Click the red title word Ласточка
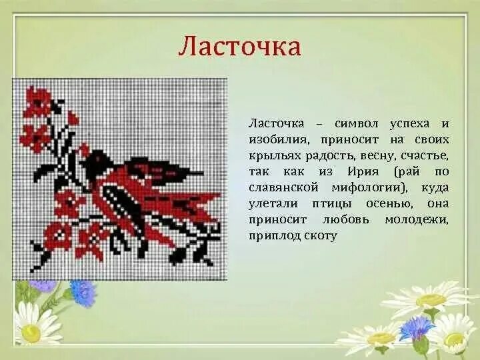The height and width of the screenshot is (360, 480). pos(239,47)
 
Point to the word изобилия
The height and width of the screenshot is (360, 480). pos(277,140)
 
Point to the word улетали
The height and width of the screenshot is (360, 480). pos(271,204)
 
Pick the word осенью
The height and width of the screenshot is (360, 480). pos(384,204)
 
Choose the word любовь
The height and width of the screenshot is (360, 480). pos(347,220)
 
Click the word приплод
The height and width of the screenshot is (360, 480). pos(273,236)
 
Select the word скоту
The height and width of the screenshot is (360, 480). pos(321,236)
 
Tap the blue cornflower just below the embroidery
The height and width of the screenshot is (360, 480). pos(84,293)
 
